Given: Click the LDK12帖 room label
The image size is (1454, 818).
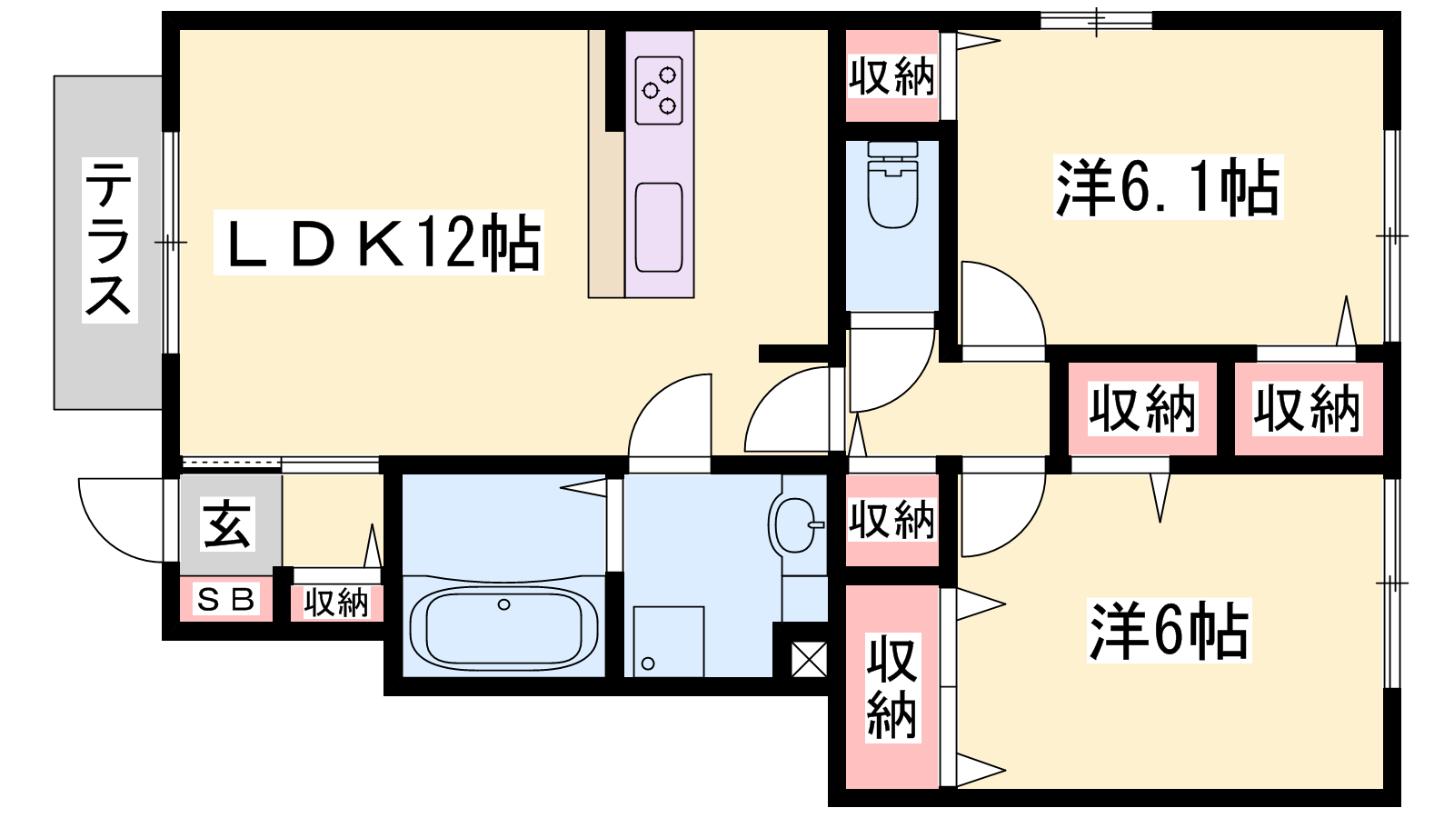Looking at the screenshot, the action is point(379,243).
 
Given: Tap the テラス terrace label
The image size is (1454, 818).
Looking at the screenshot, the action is point(109,240).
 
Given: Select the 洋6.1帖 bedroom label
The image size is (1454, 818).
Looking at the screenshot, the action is point(1168,187).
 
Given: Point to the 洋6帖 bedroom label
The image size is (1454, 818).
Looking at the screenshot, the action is point(1169,631).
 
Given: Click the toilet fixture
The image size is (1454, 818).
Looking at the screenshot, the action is point(892,185).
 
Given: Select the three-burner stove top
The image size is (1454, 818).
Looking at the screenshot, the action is point(659,90).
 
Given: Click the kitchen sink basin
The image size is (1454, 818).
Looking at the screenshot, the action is point(659,228).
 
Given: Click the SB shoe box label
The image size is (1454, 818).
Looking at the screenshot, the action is point(224,599).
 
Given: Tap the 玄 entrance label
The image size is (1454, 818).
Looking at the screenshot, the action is point(226,524).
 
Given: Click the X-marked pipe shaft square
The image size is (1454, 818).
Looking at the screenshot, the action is point(809,659).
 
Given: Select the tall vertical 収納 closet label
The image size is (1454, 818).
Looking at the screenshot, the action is point(891,687).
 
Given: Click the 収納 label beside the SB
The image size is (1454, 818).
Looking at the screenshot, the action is point(336,604).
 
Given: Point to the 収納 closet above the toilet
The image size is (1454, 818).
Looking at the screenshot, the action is point(891,76).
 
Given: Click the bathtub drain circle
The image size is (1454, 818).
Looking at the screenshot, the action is point(503,604).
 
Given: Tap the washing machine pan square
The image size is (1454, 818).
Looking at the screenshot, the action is point(669,642).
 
